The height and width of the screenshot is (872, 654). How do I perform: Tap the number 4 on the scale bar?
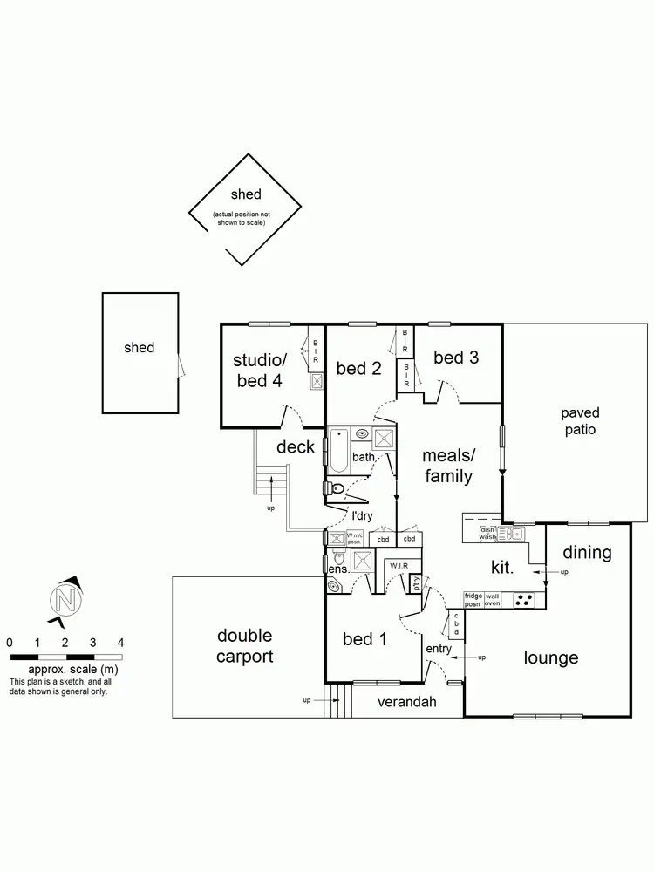(120, 642)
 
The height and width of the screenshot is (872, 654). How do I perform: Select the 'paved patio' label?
(580, 421)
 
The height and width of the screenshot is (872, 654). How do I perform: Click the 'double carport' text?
(244, 646)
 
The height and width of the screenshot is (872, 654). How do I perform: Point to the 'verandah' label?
(406, 701)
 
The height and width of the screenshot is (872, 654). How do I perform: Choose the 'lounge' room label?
(551, 657)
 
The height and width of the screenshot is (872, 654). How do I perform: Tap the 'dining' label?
(587, 553)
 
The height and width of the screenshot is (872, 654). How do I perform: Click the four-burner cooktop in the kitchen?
(526, 600)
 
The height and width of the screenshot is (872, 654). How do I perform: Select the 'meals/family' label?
(447, 466)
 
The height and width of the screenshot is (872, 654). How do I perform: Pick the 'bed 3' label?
(455, 358)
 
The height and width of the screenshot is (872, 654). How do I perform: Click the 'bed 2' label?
(359, 369)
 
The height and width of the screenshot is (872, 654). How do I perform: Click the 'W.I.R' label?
(399, 565)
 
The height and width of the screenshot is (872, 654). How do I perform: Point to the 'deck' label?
(296, 447)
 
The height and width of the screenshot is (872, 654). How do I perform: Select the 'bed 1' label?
(364, 639)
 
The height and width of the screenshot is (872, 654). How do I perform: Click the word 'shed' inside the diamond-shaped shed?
(246, 194)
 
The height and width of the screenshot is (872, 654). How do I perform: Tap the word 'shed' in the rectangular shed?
(140, 347)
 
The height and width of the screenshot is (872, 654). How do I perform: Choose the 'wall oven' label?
(493, 600)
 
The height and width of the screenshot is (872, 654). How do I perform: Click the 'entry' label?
(439, 649)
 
